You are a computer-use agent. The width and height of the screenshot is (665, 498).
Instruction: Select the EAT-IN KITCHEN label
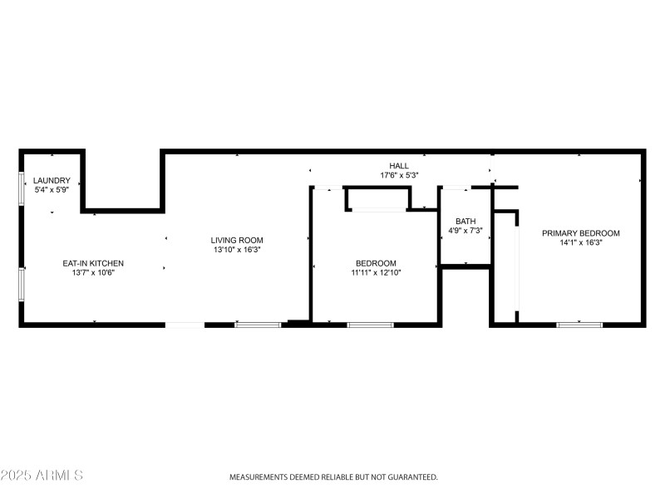[93, 263]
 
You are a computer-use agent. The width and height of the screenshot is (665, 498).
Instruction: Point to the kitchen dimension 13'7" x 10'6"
[93, 272]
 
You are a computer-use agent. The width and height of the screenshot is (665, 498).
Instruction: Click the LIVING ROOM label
[237, 240]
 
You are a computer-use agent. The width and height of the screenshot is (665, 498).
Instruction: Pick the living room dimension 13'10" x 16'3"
[237, 249]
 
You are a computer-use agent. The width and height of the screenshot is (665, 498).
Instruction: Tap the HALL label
[399, 166]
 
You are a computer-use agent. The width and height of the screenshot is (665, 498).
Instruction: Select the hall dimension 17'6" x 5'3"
[399, 175]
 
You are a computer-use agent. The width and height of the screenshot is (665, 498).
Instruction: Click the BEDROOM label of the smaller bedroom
[376, 263]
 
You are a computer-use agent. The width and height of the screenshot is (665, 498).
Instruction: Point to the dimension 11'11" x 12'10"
[376, 272]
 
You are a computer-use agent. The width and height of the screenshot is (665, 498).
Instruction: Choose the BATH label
[465, 221]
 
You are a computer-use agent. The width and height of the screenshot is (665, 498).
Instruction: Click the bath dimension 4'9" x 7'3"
[465, 230]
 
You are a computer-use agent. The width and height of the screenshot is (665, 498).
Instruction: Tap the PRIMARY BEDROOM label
[580, 233]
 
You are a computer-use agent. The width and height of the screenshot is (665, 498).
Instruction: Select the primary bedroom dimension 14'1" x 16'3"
[580, 242]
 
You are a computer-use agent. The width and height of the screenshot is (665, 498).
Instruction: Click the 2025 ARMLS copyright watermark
[42, 476]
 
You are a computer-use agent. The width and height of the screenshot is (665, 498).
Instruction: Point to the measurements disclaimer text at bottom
[333, 477]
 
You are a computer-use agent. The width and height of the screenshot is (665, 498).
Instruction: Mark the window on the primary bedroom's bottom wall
[579, 324]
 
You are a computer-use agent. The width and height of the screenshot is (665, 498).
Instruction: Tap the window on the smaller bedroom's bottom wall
[370, 324]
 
